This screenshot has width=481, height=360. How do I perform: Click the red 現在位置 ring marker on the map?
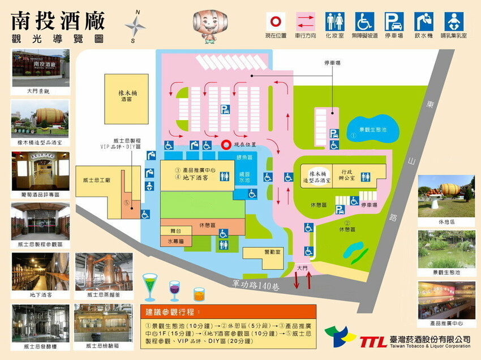tap(226, 145)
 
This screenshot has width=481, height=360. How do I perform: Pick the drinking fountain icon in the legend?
tap(424, 23)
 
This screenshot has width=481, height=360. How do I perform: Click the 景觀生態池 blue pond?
tap(368, 131)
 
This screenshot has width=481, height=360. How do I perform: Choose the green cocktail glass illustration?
tap(150, 284)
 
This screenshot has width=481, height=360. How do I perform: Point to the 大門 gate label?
tap(302, 265)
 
